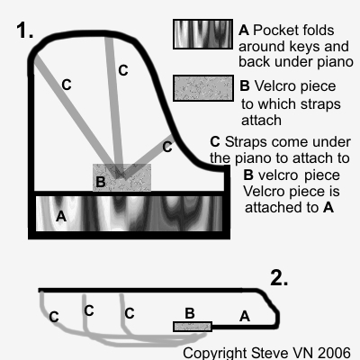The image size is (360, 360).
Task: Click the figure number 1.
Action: (24, 31)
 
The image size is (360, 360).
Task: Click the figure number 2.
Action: (279, 277)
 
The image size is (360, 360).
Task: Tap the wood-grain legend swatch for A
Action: (203, 34)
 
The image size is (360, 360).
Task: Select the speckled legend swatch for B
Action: (203, 88)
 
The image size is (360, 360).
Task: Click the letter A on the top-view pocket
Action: (61, 216)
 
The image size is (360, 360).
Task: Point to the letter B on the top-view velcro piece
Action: (101, 182)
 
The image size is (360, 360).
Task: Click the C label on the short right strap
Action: (167, 147)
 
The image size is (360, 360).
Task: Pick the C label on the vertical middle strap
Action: (123, 70)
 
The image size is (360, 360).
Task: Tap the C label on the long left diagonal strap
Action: (67, 85)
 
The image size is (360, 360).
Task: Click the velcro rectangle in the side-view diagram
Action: (193, 327)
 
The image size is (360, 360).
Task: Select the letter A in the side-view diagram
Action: (245, 316)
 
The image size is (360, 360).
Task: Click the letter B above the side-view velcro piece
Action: (190, 313)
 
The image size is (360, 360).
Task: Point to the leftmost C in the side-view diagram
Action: (54, 317)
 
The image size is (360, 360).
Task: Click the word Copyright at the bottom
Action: (215, 354)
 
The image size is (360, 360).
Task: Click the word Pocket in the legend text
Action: (274, 31)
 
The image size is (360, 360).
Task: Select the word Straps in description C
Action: (246, 142)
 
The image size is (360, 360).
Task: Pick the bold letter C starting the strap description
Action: (215, 142)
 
